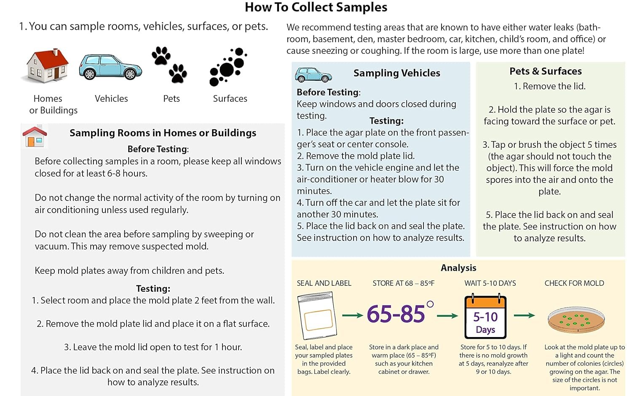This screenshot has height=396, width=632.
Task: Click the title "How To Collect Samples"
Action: (316, 7)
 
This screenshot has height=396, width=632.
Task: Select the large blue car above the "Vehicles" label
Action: (110, 67)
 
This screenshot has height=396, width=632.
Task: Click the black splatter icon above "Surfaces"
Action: (228, 66)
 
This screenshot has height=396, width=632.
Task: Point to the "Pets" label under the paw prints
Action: (171, 98)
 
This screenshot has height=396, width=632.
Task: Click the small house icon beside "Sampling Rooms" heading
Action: (35, 136)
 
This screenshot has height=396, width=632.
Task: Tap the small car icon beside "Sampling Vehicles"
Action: (313, 74)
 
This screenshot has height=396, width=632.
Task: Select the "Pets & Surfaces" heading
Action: (545, 71)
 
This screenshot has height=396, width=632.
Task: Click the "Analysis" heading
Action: (458, 268)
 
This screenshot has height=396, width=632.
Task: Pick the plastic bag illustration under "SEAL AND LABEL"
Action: (317, 315)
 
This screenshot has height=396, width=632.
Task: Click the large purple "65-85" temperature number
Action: (396, 314)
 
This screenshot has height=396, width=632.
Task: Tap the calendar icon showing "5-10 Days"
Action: (485, 316)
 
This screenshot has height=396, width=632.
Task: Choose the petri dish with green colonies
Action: (576, 320)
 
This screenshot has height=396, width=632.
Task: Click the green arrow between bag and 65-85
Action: (352, 315)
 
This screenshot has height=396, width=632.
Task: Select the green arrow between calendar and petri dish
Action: (524, 315)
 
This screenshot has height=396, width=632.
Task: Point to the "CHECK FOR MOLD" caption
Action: (574, 283)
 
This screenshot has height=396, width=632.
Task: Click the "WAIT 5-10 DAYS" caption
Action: (490, 283)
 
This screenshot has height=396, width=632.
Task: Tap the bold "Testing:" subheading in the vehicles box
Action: (386, 121)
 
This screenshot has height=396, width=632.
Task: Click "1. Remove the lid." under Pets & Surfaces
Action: (549, 86)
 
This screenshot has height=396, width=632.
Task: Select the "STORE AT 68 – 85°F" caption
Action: (404, 283)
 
